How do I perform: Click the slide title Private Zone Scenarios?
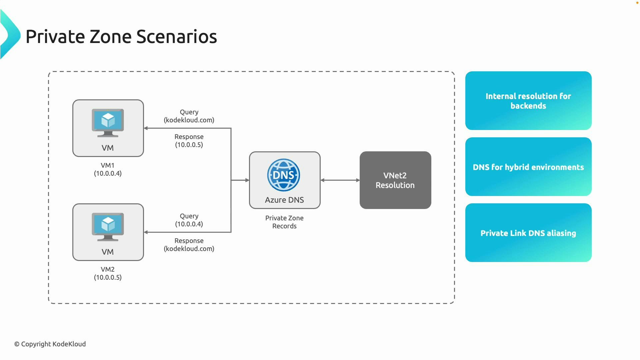point(121,37)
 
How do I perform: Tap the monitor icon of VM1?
point(108,122)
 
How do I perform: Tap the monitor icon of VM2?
point(108,226)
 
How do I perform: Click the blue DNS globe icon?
point(284,175)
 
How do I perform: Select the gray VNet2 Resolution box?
point(395,180)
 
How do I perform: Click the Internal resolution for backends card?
point(528,101)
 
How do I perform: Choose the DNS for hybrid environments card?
point(528,167)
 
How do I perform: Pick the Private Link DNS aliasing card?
point(528,233)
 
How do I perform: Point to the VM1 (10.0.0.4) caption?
point(108,169)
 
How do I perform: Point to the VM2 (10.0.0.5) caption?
point(108,273)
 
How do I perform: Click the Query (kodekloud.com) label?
point(189,116)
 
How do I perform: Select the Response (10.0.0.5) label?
point(189,141)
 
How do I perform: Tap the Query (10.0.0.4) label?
point(189,220)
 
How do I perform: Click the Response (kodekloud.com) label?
point(189,245)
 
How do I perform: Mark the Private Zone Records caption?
point(284,222)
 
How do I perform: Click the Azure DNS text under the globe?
point(284,200)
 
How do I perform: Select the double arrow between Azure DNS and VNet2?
point(340,180)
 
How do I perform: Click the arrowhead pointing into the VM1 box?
point(146,128)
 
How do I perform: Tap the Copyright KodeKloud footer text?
point(50,344)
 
